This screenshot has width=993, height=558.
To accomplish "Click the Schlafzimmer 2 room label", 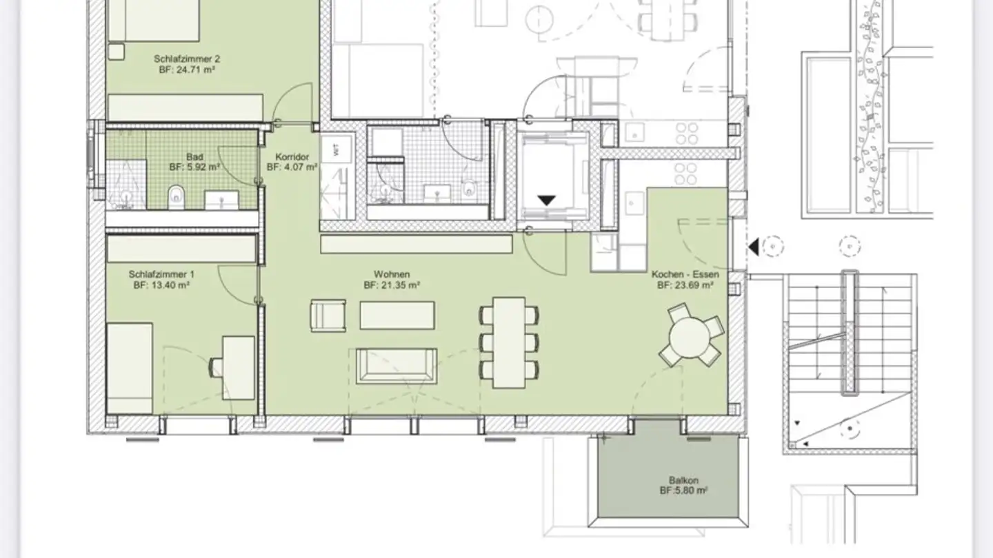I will pos(177,59).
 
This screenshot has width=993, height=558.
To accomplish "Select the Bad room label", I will pos(194,157).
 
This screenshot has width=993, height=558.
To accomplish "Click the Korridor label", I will pos(292,157).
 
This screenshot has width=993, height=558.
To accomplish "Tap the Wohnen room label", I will pos(392,274).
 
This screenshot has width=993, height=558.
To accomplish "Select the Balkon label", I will pos(682,480).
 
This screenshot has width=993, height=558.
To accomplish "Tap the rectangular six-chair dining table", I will pos(509,342).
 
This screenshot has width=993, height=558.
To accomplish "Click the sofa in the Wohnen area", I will pos(397,366).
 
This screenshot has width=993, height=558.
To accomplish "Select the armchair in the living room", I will pos(328,316).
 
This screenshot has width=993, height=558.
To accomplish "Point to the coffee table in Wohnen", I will pos(397,315).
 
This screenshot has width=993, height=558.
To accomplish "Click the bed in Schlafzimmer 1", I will pos(130,368).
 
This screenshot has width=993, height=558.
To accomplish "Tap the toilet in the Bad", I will pos(177,198).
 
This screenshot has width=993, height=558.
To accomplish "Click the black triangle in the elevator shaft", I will pos(547,200).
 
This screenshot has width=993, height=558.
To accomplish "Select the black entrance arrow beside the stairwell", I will pos(754,246).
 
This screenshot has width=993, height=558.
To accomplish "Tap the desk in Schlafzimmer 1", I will pos(239,358).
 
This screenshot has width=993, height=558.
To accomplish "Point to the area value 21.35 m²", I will pos(392,285).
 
